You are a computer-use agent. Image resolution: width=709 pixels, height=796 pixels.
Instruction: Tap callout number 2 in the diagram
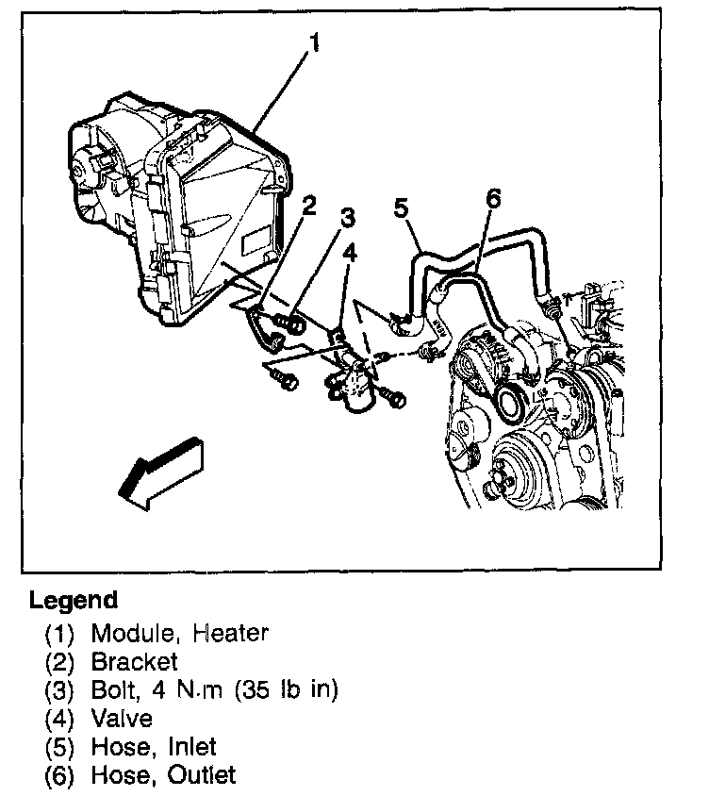[x=308, y=207]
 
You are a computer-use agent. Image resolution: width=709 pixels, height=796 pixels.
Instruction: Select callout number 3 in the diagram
[x=348, y=220]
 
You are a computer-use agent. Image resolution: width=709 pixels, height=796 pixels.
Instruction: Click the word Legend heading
[x=73, y=601]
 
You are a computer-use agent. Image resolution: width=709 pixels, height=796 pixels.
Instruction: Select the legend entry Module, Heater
[x=179, y=634]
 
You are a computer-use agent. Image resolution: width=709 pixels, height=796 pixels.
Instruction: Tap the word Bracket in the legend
[x=133, y=662]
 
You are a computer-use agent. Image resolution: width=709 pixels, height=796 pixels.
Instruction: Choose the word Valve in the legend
[x=122, y=719]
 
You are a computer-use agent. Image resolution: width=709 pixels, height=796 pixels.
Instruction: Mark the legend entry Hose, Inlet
[x=154, y=747]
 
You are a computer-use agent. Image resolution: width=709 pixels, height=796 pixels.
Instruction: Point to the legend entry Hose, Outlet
[x=162, y=775]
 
